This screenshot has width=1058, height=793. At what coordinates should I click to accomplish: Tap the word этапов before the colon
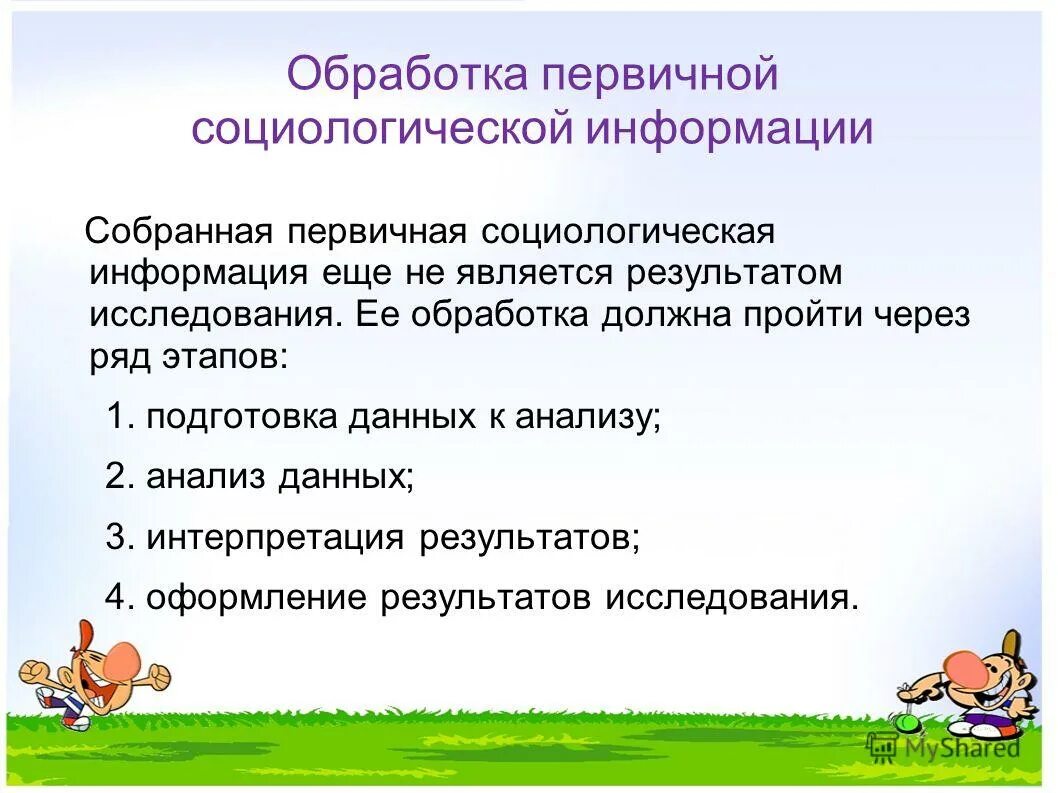click(225, 357)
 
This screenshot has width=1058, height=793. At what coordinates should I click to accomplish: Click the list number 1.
click(118, 417)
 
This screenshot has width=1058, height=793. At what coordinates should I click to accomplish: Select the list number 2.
click(118, 477)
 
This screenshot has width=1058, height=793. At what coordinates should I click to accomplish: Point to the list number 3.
click(118, 537)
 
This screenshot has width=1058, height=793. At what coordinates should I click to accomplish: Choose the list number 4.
click(118, 597)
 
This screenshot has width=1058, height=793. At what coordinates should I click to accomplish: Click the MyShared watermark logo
click(944, 747)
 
